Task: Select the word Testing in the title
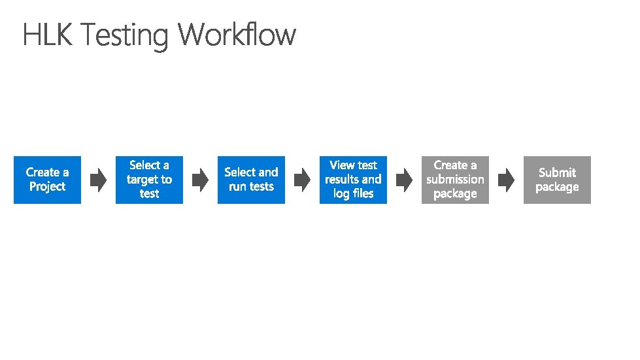tap(124, 35)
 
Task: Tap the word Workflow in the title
tap(237, 35)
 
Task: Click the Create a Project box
tap(47, 180)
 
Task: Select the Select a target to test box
tap(149, 180)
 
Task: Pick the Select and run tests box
tap(251, 180)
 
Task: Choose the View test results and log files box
tap(353, 180)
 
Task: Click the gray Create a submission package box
tap(455, 180)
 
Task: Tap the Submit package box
tap(557, 180)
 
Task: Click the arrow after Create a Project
tap(98, 180)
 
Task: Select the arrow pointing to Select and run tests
tap(200, 180)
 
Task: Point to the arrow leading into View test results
tap(302, 180)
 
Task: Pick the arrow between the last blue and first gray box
tap(404, 180)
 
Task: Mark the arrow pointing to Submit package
tap(506, 180)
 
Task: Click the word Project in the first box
tap(47, 187)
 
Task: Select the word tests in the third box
tap(261, 187)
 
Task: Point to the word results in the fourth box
tap(342, 180)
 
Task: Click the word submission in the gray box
tap(455, 180)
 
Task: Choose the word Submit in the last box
tap(557, 172)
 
